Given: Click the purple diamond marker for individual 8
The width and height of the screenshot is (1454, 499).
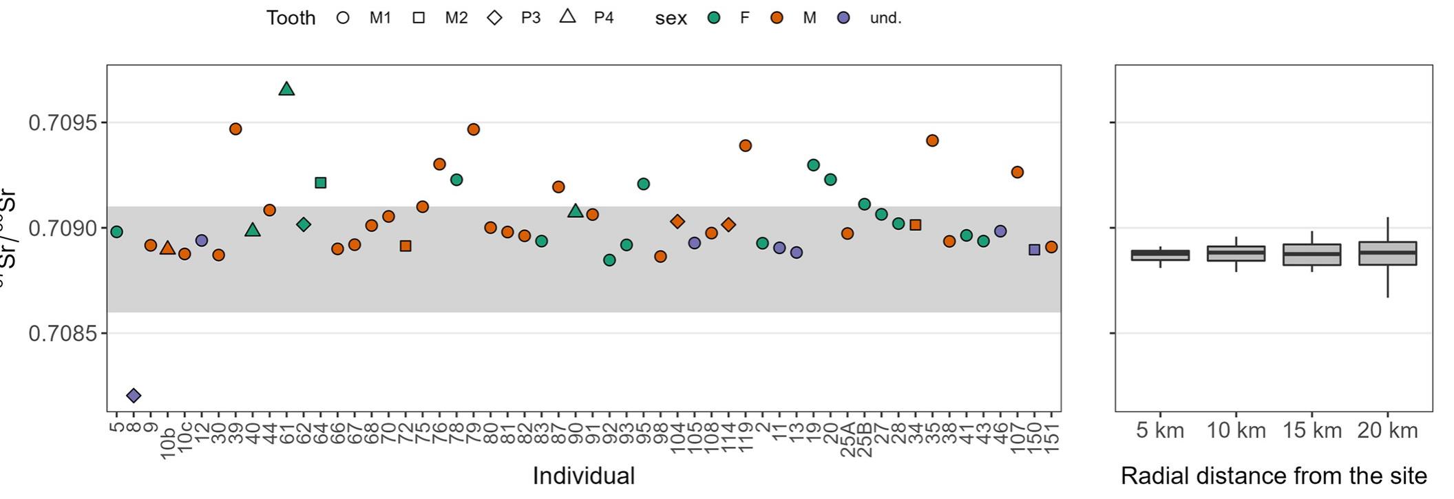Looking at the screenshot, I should (134, 395).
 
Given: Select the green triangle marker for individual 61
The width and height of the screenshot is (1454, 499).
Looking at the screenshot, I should (286, 89).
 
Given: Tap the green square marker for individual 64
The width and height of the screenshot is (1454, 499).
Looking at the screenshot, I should (320, 182).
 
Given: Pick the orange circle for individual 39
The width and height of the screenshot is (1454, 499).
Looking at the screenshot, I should (235, 129).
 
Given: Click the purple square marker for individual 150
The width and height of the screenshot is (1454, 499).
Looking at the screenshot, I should (1034, 250).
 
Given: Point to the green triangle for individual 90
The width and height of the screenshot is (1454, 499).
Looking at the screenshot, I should (576, 211).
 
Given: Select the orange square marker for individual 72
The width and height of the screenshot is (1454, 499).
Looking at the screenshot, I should (405, 246).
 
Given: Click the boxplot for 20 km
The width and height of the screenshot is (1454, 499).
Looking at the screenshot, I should (1387, 253).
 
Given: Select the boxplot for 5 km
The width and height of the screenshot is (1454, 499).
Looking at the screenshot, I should (1160, 255).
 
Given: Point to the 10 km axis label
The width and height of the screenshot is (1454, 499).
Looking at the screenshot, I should (1236, 431).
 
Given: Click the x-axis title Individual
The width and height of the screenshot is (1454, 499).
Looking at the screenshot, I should (583, 476).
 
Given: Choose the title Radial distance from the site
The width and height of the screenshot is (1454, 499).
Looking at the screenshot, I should (1274, 476).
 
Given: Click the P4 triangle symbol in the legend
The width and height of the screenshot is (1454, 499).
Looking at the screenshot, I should (567, 17).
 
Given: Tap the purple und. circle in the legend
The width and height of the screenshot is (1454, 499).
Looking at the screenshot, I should (843, 18).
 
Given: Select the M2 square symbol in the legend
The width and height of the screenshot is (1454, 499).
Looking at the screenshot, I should (419, 18).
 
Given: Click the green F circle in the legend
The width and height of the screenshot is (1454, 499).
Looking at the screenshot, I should (714, 18).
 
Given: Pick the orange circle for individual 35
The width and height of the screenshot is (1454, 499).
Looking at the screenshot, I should (932, 140).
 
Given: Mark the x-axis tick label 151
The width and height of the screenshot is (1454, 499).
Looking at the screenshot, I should (1052, 438).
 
